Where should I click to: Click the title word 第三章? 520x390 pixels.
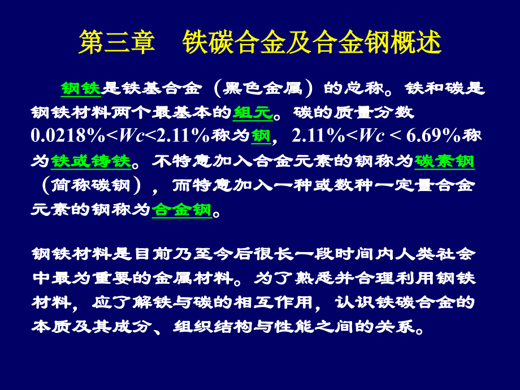117,42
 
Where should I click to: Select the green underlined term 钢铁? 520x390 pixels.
81,89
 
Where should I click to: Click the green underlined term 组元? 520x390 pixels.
253,112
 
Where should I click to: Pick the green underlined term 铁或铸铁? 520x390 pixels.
91,162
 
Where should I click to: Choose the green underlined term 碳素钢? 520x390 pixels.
444,162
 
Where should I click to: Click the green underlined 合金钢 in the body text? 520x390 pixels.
182,210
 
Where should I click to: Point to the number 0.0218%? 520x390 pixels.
68,136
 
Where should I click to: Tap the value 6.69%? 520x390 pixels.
433,136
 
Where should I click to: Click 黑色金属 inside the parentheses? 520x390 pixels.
262,89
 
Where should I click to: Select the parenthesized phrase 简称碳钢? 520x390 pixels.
91,185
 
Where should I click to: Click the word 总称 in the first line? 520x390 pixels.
364,89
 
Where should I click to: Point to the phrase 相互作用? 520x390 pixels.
272,302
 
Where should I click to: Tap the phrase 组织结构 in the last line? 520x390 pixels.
213,327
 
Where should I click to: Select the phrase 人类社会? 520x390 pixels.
435,254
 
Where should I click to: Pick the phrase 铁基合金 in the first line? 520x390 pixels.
162,89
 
